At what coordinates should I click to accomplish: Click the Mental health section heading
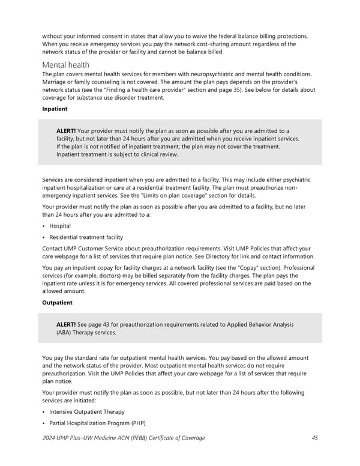tap(65, 64)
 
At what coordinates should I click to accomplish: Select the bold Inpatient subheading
tap(55, 109)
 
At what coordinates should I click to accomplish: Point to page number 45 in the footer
tap(315, 438)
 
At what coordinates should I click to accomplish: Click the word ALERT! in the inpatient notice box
tap(66, 131)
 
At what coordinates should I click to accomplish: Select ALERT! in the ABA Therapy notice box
tap(66, 324)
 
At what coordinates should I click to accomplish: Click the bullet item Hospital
tap(60, 226)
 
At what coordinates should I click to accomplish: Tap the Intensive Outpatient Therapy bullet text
tap(87, 411)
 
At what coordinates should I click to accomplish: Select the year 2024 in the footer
tap(50, 438)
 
